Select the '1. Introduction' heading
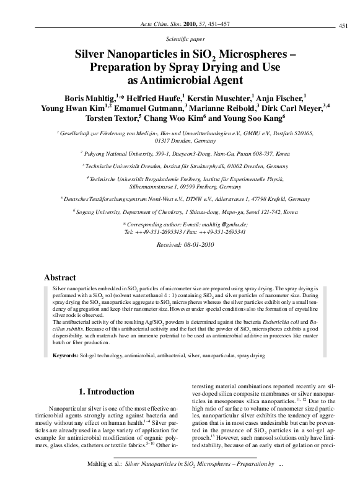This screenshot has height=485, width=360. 110,391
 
